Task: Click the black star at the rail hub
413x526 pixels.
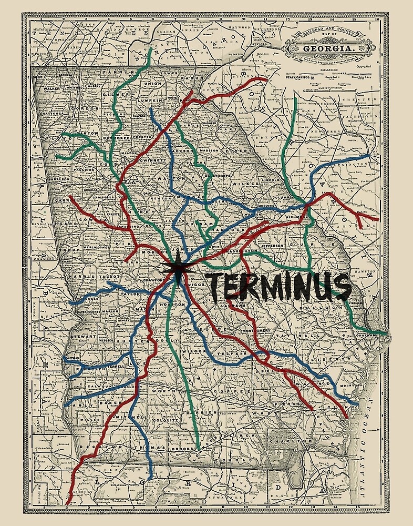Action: pyautogui.click(x=178, y=269)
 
